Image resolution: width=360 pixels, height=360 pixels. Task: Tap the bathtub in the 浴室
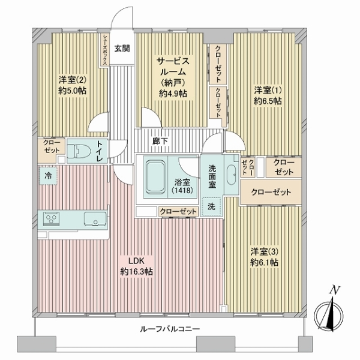click(x=156, y=178)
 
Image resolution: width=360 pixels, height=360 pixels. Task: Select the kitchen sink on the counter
click(x=94, y=217)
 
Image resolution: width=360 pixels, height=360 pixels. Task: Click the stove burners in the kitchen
click(x=50, y=217)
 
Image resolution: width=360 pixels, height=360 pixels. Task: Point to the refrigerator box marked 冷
click(x=48, y=176)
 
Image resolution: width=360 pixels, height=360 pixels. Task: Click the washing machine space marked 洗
click(x=211, y=205)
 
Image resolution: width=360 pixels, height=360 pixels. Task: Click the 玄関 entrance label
click(x=122, y=49)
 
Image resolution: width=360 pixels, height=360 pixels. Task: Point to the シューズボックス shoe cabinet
click(x=104, y=49)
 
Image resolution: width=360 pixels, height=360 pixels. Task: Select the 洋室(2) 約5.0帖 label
click(x=73, y=85)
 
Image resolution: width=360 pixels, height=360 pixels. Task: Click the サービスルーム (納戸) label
click(x=173, y=77)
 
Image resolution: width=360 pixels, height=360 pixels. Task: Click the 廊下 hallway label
click(x=160, y=141)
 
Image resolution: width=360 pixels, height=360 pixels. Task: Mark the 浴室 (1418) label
click(x=181, y=186)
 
